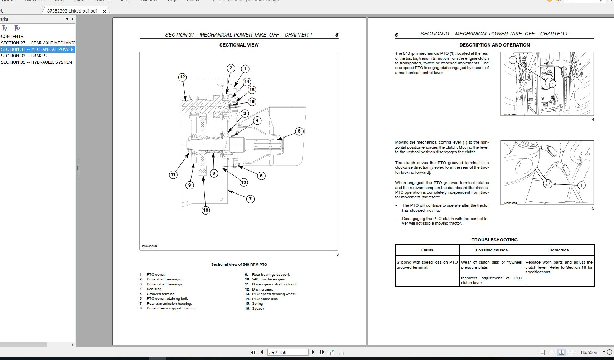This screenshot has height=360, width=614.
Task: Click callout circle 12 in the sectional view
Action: coord(182,77)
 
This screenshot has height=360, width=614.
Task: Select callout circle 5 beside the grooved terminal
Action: coord(299,131)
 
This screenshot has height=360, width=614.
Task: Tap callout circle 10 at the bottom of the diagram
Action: coord(206,210)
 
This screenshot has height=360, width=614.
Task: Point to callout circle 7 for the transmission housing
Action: coord(250,199)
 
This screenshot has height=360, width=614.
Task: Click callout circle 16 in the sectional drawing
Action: coord(252,102)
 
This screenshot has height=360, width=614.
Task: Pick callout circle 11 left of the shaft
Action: coord(173,175)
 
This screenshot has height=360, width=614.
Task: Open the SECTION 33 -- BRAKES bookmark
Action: coord(24,56)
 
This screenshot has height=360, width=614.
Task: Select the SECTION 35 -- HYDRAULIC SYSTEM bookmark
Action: coord(37,62)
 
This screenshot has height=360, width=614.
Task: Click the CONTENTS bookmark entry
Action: coord(12,37)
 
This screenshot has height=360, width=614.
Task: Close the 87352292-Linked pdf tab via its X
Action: coord(105,11)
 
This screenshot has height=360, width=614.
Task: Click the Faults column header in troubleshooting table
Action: coord(427,250)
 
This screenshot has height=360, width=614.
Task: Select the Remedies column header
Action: coord(559,250)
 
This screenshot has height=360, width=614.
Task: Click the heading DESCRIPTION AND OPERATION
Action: coord(494,45)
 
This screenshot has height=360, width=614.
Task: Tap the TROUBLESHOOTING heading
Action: coord(494,240)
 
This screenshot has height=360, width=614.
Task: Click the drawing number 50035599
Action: coord(150,246)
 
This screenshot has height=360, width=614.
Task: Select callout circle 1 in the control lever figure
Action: coord(581,185)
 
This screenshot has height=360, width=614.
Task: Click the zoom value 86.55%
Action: coord(589,352)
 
